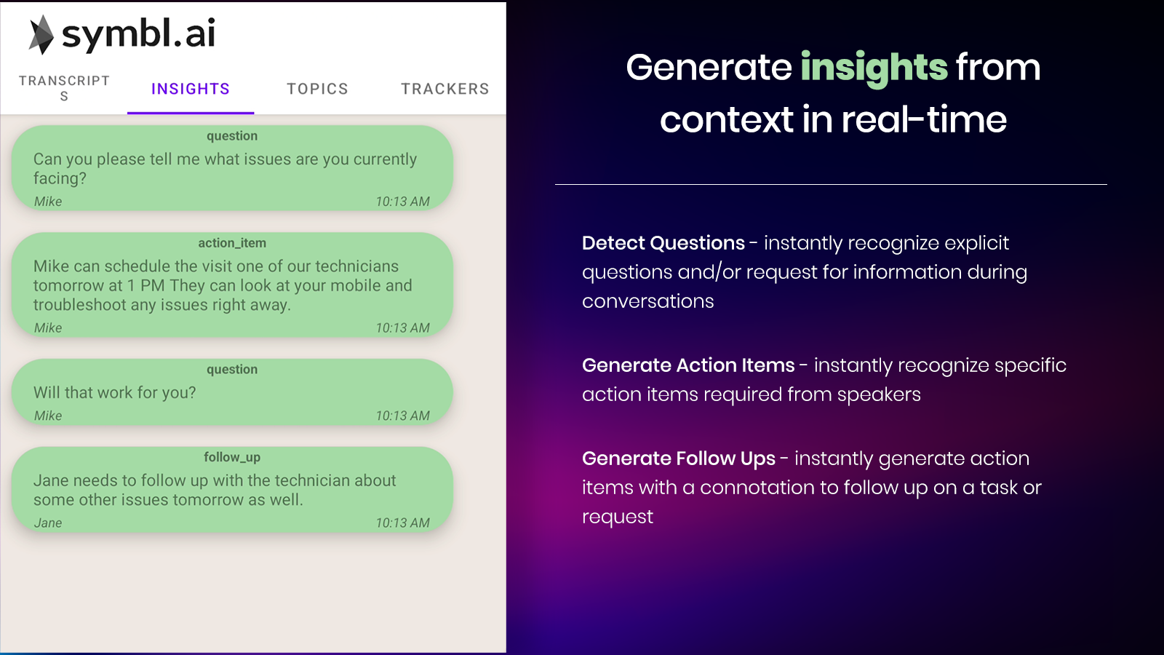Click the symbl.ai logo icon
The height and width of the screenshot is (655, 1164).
[41, 34]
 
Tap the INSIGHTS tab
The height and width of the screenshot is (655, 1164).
[191, 89]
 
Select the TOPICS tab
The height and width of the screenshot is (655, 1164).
[317, 89]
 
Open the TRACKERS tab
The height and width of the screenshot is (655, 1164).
[445, 89]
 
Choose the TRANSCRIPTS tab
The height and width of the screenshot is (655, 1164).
[65, 88]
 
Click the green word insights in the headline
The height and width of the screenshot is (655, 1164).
[874, 68]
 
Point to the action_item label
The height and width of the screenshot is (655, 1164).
[232, 243]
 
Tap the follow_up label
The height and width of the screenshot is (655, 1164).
[232, 458]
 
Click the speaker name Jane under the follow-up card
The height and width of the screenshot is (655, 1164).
[48, 523]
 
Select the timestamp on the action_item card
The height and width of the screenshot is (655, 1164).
[403, 328]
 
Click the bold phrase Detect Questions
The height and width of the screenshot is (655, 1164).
[663, 243]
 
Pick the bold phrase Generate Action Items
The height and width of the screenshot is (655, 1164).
[688, 365]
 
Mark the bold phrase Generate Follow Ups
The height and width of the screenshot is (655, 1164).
[679, 458]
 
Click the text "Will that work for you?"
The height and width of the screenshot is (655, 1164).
[115, 392]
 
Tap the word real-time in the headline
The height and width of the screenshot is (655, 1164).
[924, 119]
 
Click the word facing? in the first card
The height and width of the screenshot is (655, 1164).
[60, 179]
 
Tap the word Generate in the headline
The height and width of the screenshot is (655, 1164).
[709, 68]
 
